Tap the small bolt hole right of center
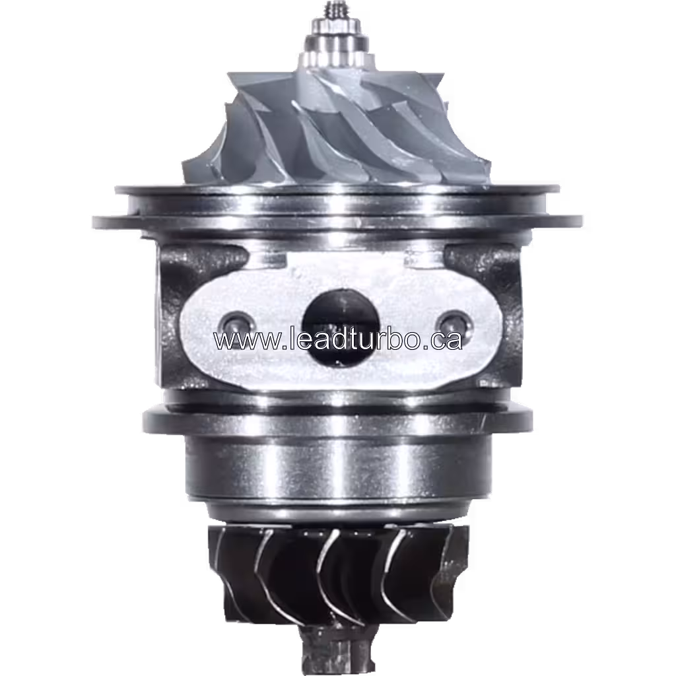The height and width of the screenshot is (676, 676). [452, 323]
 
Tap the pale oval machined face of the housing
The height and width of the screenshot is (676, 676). [277, 363]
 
